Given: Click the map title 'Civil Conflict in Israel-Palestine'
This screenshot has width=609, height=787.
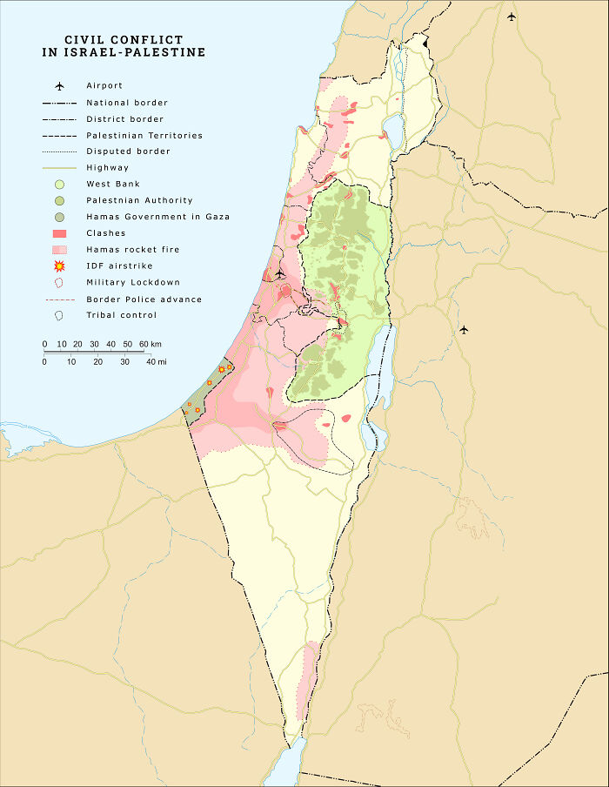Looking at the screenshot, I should click(x=124, y=46).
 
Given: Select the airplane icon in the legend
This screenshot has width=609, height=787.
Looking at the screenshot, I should click(x=60, y=86).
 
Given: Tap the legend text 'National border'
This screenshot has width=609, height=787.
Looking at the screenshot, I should click(x=127, y=103).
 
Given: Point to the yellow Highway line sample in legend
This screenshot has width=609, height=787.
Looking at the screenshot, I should click(x=59, y=168).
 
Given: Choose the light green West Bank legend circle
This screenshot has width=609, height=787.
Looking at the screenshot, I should click(x=59, y=185).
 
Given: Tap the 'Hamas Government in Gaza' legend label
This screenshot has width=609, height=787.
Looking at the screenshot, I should click(x=157, y=217).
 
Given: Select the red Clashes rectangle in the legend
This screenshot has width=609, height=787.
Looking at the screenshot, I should click(x=59, y=233).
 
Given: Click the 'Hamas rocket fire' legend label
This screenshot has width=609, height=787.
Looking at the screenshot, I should click(x=132, y=250).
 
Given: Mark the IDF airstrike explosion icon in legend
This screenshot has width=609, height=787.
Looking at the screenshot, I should click(x=59, y=266).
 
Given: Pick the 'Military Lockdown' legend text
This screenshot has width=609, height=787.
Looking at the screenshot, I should click(x=133, y=283).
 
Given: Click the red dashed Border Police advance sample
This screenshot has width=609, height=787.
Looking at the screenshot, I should click(x=59, y=299).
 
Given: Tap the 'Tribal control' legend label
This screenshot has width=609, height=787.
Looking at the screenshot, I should click(x=122, y=315).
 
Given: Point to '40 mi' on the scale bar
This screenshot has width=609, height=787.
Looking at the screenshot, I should click(x=157, y=361).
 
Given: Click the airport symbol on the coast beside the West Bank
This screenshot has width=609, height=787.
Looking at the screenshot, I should click(x=279, y=273).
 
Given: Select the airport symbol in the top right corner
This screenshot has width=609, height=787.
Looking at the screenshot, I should click(x=512, y=17).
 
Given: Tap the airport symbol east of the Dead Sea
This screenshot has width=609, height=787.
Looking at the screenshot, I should click(x=464, y=329).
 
